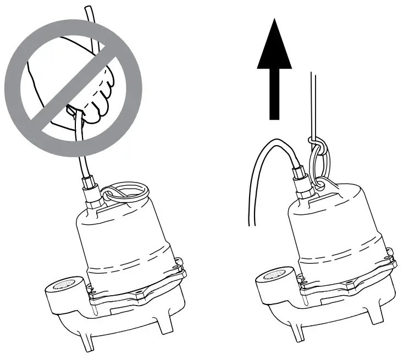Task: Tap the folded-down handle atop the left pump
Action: tap(125, 192)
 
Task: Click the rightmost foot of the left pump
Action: tap(166, 324)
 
